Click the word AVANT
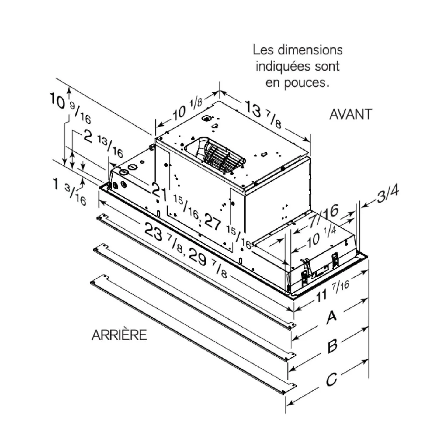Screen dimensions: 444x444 [x=351, y=114]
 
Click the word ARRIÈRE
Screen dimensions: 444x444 [x=119, y=335]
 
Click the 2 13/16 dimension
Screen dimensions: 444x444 [x=103, y=143]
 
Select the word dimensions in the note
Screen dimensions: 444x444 [x=310, y=50]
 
